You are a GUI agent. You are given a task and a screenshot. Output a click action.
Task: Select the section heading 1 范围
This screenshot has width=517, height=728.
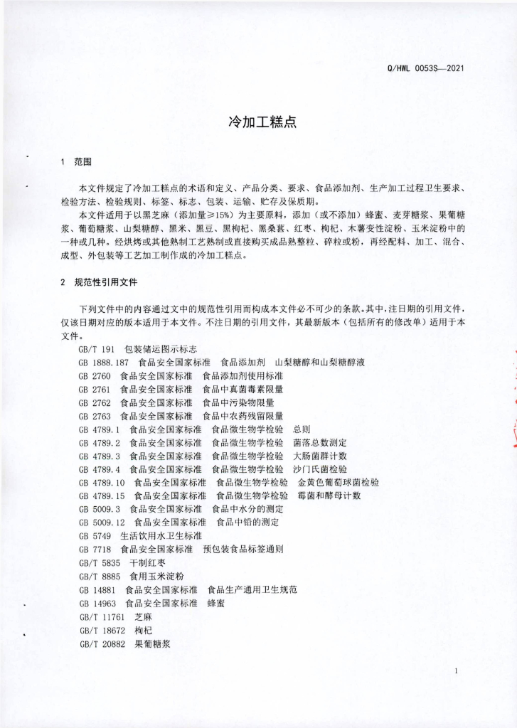click(77, 161)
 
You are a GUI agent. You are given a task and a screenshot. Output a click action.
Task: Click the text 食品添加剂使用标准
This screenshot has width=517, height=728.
click(242, 375)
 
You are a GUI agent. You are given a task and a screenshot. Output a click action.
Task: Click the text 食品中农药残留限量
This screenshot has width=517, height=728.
click(242, 416)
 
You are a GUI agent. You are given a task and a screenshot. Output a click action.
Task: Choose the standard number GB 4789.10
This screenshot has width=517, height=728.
click(107, 483)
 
